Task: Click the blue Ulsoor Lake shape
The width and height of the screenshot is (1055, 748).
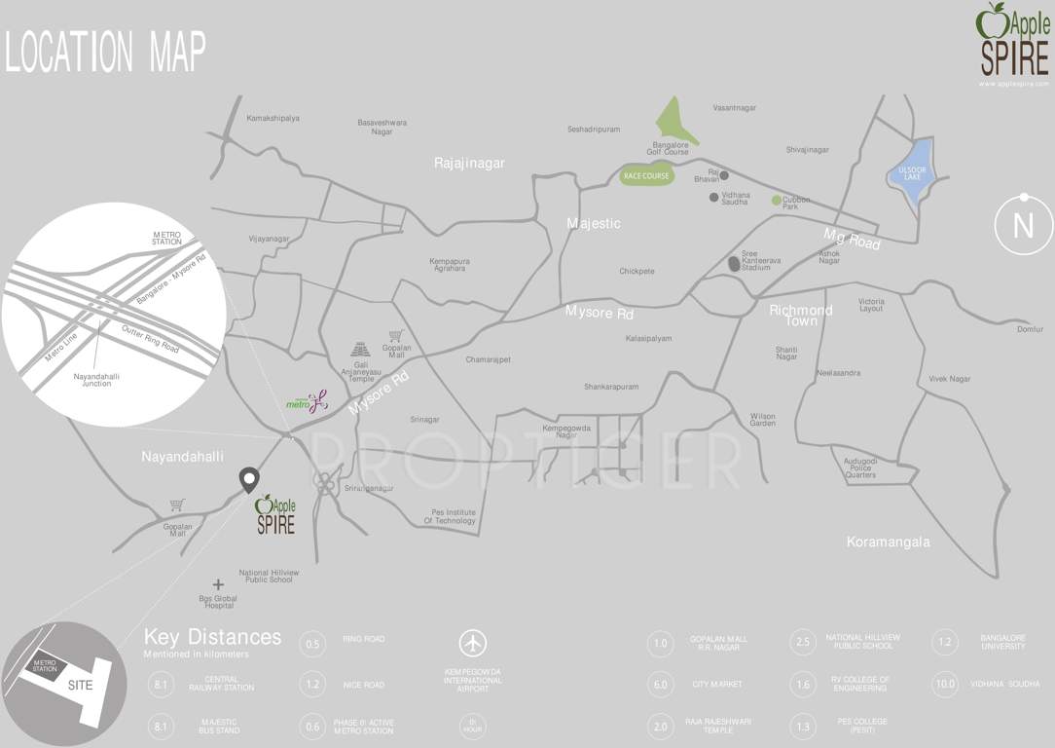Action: pyautogui.click(x=912, y=173)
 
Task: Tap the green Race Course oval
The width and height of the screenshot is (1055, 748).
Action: pyautogui.click(x=646, y=176)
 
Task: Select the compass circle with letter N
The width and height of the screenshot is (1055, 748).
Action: pyautogui.click(x=1023, y=225)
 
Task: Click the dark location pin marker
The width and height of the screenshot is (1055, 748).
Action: pyautogui.click(x=249, y=479)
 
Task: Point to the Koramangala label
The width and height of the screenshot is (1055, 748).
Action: pyautogui.click(x=888, y=542)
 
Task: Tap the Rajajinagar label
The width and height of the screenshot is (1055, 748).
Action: pyautogui.click(x=469, y=164)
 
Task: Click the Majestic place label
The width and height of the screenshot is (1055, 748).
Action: pyautogui.click(x=594, y=224)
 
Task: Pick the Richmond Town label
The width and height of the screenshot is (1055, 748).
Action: pyautogui.click(x=801, y=316)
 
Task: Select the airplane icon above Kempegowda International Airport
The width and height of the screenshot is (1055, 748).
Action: pyautogui.click(x=473, y=644)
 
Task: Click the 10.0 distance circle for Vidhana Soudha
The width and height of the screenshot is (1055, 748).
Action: pyautogui.click(x=945, y=684)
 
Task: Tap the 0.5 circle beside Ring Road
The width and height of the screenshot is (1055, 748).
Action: pyautogui.click(x=313, y=643)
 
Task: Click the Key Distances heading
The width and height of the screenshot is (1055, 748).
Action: pyautogui.click(x=212, y=638)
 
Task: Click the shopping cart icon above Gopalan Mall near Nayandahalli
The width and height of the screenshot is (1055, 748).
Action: pyautogui.click(x=177, y=505)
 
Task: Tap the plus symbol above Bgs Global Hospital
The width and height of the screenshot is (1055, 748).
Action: pyautogui.click(x=218, y=584)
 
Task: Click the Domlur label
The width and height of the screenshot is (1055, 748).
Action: pyautogui.click(x=1030, y=329)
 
